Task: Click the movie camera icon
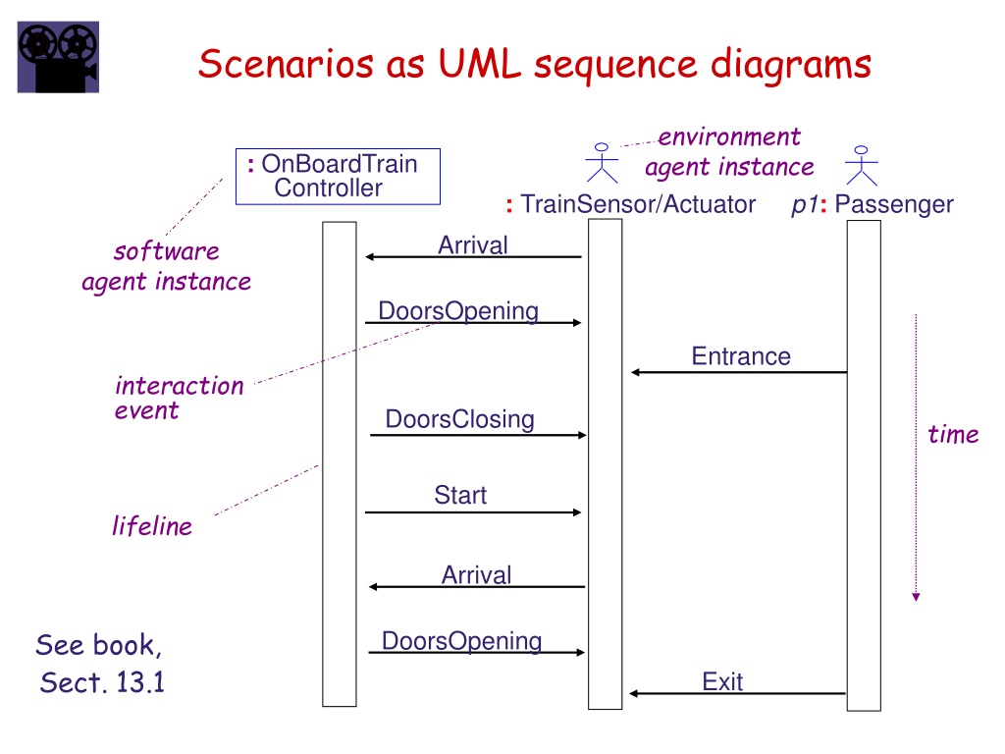(58, 58)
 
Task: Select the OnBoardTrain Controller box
(338, 176)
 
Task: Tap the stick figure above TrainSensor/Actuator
(602, 163)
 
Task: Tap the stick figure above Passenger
(862, 165)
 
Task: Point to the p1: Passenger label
(873, 204)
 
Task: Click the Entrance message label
(741, 355)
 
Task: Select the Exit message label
(722, 681)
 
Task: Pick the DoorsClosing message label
(459, 419)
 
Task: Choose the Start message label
(460, 495)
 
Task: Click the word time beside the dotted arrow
(953, 434)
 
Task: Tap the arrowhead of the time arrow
(916, 595)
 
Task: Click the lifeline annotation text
(151, 526)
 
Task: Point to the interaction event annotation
(179, 398)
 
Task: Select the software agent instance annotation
(166, 266)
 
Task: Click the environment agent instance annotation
(729, 151)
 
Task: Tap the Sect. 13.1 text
(102, 682)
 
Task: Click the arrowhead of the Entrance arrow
(636, 372)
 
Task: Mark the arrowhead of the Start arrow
(577, 512)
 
